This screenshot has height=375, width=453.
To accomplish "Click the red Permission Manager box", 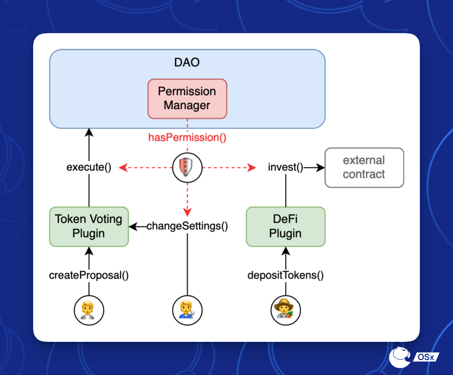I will pos(187,99).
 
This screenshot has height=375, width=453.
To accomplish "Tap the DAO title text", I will pos(187,62).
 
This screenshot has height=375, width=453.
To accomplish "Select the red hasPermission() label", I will pos(187,138).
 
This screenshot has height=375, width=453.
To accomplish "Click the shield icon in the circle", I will pos(187,167).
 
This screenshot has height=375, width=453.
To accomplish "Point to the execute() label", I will pos(89,167).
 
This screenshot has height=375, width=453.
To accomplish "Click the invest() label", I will pos(286,167).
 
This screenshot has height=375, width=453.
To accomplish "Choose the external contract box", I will pos(364,167).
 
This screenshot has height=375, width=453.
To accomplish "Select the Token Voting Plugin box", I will pos(89,226).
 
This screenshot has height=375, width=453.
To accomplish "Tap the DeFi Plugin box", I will pos(286,226).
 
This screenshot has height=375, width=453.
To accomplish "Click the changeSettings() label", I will pos(187,226).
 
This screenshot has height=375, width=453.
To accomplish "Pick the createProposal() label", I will pos(89,276).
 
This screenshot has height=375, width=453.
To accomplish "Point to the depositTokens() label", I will pos(286,276).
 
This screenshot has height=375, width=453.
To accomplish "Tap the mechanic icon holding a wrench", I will pos(187,310).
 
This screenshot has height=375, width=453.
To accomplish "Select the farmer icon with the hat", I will pos(286,310).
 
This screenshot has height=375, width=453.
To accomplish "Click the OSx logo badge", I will pos(414,357).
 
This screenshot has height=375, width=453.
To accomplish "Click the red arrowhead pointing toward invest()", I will pos(252,167).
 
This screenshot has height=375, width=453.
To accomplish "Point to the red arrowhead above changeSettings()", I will pos(187,212).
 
